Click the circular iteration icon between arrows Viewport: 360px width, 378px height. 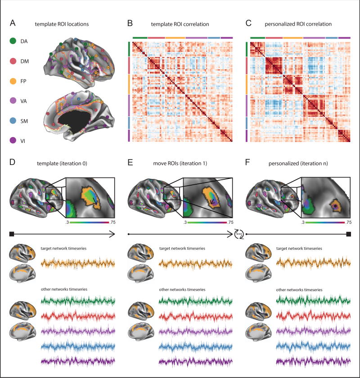(239, 234)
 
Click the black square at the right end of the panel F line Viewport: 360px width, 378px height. (349, 234)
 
